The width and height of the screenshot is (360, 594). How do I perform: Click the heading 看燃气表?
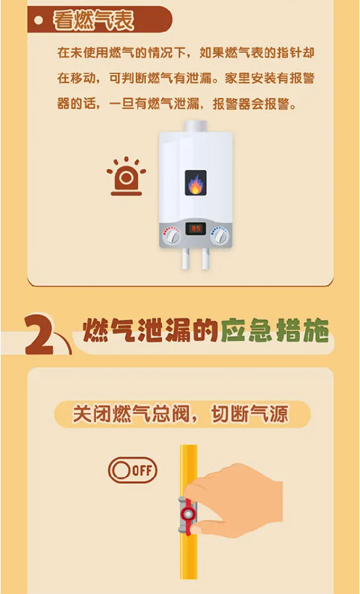pyautogui.click(x=94, y=20)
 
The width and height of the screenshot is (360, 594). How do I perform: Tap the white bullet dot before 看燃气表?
pyautogui.click(x=38, y=20)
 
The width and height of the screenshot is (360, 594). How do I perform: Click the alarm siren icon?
pyautogui.click(x=126, y=176)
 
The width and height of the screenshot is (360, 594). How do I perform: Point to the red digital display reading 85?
pyautogui.click(x=196, y=229)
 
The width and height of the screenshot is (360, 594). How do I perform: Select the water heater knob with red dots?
pyautogui.click(x=172, y=236)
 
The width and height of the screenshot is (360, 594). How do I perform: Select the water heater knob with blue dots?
pyautogui.click(x=219, y=236)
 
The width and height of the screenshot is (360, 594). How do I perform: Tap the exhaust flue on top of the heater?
pyautogui.click(x=196, y=126)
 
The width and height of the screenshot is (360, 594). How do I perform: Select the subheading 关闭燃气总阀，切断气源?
pyautogui.click(x=180, y=414)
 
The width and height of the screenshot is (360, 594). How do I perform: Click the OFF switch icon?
pyautogui.click(x=132, y=471)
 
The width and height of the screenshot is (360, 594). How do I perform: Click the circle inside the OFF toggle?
pyautogui.click(x=122, y=471)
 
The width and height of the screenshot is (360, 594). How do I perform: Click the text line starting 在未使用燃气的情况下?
pyautogui.click(x=186, y=53)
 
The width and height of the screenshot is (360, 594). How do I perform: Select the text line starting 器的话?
pyautogui.click(x=177, y=104)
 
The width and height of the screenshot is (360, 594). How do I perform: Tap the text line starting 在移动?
pyautogui.click(x=186, y=79)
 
